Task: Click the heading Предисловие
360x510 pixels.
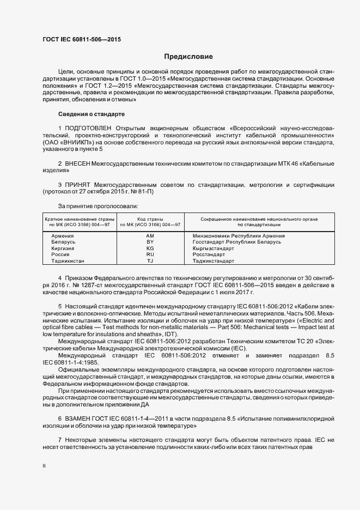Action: click(x=188, y=57)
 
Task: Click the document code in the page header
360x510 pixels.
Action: click(x=82, y=40)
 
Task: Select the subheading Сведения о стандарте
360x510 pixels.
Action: click(x=91, y=114)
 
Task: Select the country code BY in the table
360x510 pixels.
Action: click(x=151, y=241)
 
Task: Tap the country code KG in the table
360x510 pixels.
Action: click(x=151, y=248)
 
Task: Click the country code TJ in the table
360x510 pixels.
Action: click(x=151, y=261)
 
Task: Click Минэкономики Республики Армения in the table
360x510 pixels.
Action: click(x=239, y=235)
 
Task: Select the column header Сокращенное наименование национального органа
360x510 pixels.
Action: click(x=259, y=218)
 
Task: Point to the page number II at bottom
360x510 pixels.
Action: click(x=44, y=466)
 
